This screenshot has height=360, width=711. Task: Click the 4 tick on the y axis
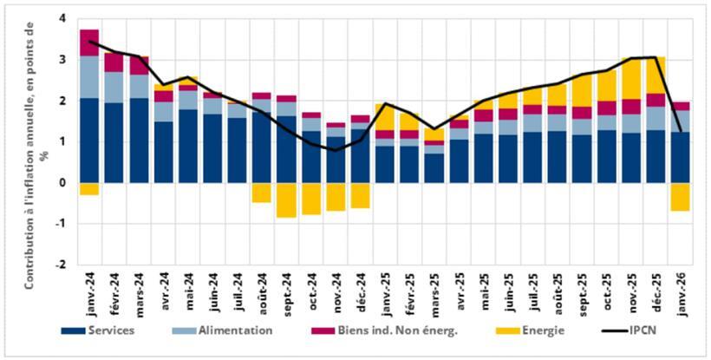(62, 18)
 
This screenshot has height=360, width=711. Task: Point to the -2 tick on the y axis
(60, 265)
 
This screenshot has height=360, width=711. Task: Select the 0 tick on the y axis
(62, 183)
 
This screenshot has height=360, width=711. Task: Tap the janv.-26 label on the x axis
(682, 288)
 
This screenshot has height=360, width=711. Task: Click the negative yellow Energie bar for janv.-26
(682, 197)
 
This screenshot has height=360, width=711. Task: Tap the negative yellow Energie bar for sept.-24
(287, 200)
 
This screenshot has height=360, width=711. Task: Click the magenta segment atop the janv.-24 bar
(89, 43)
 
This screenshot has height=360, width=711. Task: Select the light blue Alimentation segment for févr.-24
(114, 87)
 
